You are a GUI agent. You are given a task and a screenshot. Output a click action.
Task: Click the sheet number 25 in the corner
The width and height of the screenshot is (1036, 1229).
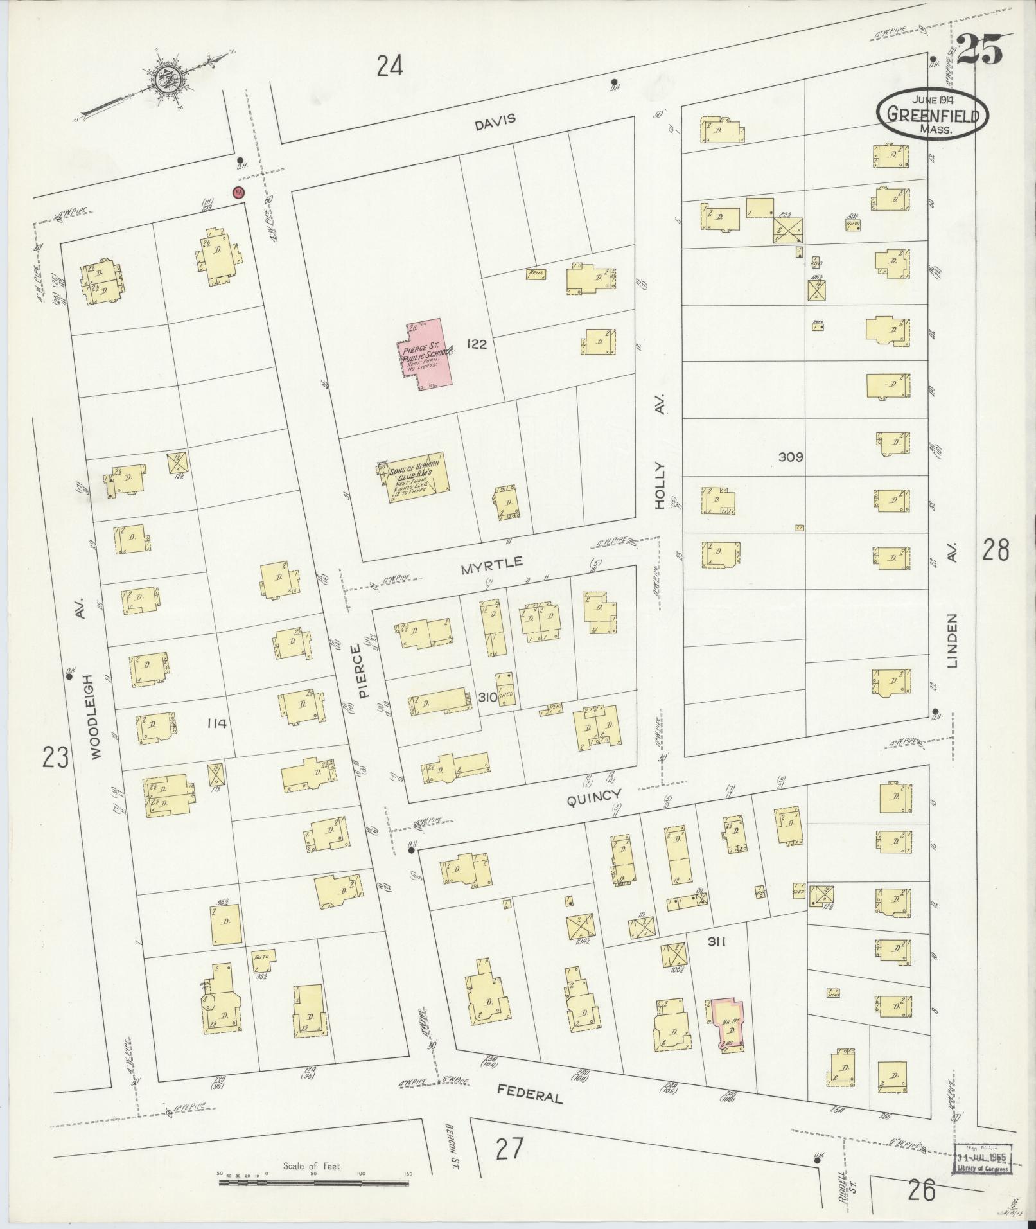(979, 50)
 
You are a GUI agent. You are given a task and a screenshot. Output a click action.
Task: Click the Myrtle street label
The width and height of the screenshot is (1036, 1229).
(491, 565)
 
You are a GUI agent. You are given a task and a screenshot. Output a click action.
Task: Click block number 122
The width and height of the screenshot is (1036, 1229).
(477, 344)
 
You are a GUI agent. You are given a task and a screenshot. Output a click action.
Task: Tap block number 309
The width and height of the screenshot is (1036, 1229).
(791, 457)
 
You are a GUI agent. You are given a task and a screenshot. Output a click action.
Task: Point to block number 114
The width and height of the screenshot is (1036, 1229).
(217, 724)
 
